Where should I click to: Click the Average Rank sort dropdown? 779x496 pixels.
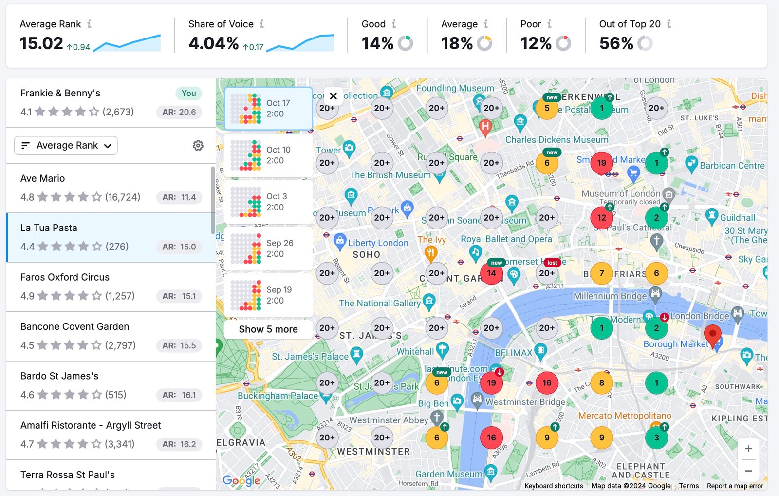(x=66, y=145)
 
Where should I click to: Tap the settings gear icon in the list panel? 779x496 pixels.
(x=198, y=145)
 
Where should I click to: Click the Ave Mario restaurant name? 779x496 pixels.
(x=42, y=178)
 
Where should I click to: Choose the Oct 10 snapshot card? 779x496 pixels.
(x=268, y=155)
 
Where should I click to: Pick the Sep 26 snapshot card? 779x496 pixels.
(x=268, y=248)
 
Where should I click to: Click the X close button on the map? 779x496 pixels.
(x=333, y=96)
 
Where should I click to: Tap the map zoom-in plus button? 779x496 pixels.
(x=748, y=449)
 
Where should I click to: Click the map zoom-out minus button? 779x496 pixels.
(x=748, y=471)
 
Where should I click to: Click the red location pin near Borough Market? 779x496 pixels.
(x=713, y=335)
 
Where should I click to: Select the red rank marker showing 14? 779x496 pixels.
(x=491, y=273)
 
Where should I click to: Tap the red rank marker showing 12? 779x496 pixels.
(x=602, y=218)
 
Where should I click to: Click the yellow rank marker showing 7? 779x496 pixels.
(x=602, y=273)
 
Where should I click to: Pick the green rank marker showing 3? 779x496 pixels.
(x=656, y=438)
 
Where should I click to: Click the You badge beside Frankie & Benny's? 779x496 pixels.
(x=188, y=93)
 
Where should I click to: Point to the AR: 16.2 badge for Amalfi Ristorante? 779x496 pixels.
(x=179, y=444)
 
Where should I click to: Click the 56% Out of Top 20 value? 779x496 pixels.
(x=616, y=43)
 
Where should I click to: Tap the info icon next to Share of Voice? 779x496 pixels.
(x=261, y=24)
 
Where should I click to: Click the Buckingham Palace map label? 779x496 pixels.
(x=278, y=396)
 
